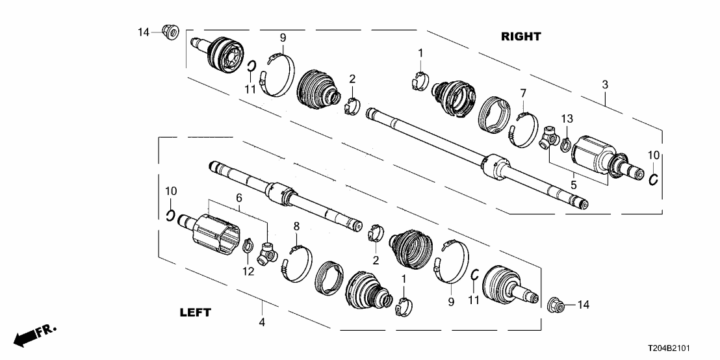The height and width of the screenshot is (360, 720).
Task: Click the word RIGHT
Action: (521, 37)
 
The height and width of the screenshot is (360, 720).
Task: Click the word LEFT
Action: (195, 313)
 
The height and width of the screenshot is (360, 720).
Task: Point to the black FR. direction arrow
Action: (29, 337)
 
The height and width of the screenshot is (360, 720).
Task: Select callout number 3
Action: (605, 84)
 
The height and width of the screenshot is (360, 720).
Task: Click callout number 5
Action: (574, 185)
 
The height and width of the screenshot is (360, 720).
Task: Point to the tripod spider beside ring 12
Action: (267, 253)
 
